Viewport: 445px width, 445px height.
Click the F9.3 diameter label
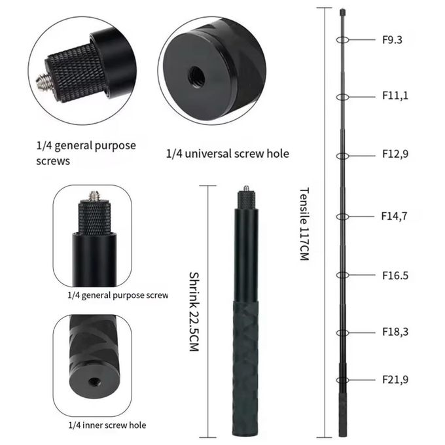coord(392,39)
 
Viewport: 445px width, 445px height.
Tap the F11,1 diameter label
coord(395,96)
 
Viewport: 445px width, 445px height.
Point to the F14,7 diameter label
coord(395,215)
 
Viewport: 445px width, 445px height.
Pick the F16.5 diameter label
coord(395,275)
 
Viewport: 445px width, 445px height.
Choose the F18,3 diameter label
coord(395,332)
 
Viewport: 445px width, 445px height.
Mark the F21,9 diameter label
coord(395,380)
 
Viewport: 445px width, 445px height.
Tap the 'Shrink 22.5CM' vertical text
coord(193,313)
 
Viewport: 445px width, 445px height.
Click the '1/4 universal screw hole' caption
coord(227,154)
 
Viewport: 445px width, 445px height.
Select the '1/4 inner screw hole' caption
coord(107,425)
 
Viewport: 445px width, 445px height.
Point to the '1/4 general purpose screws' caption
coord(86,152)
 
